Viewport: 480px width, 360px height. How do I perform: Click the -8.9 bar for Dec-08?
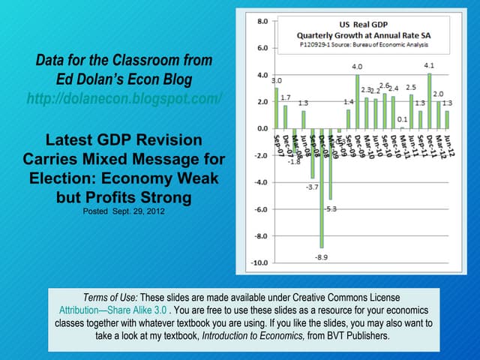pyautogui.click(x=322, y=187)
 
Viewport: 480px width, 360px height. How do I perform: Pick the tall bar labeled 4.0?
pyautogui.click(x=357, y=101)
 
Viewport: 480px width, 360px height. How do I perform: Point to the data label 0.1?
pyautogui.click(x=402, y=119)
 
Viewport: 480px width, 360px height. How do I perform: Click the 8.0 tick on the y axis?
pyautogui.click(x=259, y=22)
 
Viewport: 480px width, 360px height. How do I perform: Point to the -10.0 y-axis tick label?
pyautogui.click(x=257, y=262)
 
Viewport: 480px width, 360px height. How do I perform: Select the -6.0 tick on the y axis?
pyautogui.click(x=259, y=209)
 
